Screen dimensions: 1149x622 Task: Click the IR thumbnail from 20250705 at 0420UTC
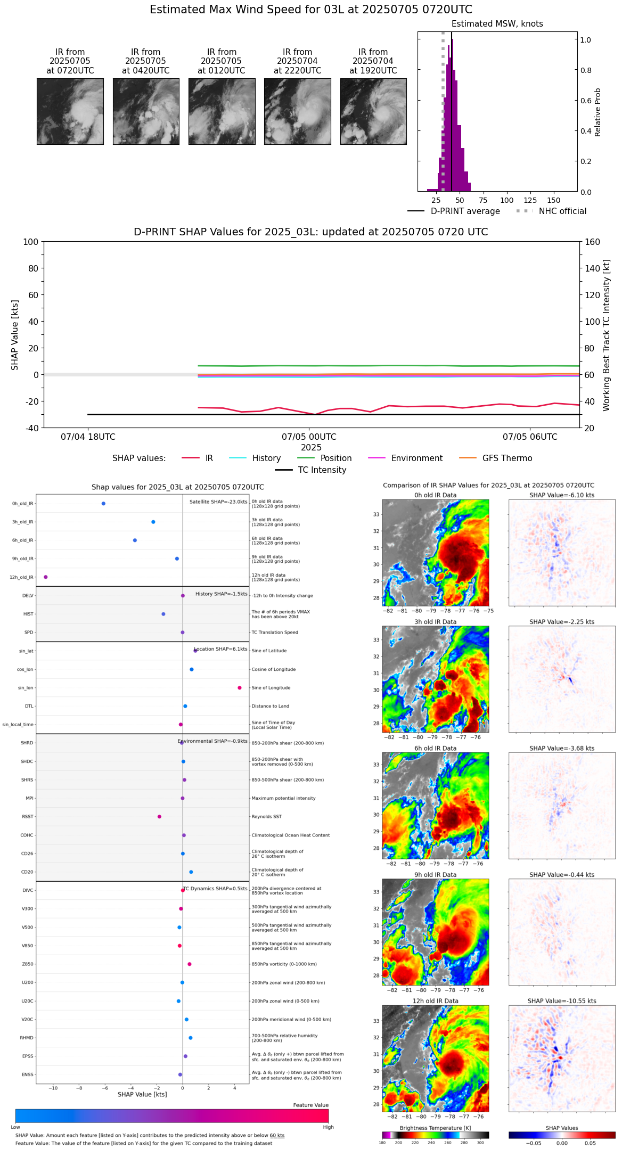click(x=145, y=111)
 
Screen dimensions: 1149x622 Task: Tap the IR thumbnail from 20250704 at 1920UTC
click(x=373, y=111)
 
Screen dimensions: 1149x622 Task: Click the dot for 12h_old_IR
click(x=46, y=577)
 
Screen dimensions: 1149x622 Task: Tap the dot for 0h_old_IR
click(x=103, y=504)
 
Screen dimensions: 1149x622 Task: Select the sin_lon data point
click(x=240, y=688)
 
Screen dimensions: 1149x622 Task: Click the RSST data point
click(x=159, y=817)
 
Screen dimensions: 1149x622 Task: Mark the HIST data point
click(x=163, y=614)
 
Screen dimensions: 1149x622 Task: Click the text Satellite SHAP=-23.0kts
click(x=218, y=502)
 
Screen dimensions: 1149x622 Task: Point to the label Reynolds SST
click(x=267, y=817)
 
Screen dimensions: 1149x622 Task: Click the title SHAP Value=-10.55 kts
click(x=562, y=1001)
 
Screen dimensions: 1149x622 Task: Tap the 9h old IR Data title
click(x=435, y=875)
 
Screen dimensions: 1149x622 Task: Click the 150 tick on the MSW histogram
click(x=554, y=201)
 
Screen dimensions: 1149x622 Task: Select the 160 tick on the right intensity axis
click(x=593, y=242)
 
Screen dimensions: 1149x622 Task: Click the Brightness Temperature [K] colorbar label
click(x=435, y=1128)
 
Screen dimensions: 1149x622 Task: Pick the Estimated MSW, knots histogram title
click(x=497, y=24)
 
